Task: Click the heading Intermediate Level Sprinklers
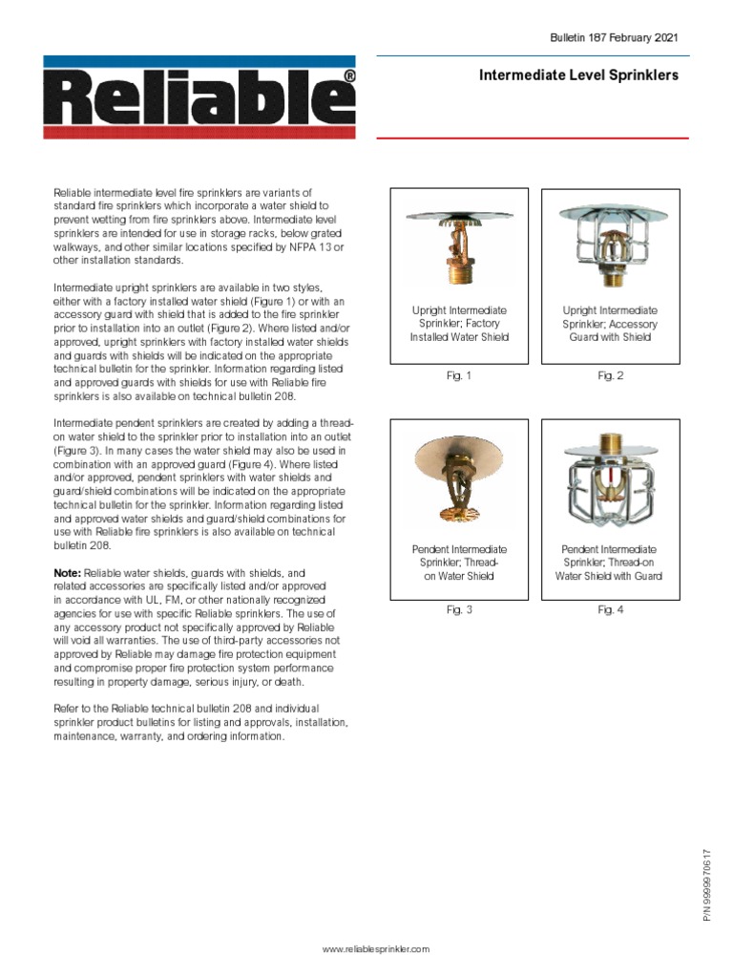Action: click(578, 75)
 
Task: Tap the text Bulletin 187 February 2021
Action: click(614, 37)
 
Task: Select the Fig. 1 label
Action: click(459, 376)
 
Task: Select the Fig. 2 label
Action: click(611, 376)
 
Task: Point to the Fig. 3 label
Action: click(459, 610)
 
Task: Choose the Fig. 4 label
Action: click(611, 610)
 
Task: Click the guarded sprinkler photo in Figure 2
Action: click(611, 244)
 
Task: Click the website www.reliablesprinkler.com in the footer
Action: click(376, 948)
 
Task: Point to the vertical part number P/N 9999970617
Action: click(707, 883)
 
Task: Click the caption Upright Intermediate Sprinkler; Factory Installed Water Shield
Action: click(459, 324)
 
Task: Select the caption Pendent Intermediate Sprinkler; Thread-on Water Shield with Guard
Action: click(611, 563)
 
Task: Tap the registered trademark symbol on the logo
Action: click(349, 75)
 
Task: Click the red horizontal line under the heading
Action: click(533, 138)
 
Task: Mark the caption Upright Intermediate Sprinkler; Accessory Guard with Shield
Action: click(611, 324)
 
